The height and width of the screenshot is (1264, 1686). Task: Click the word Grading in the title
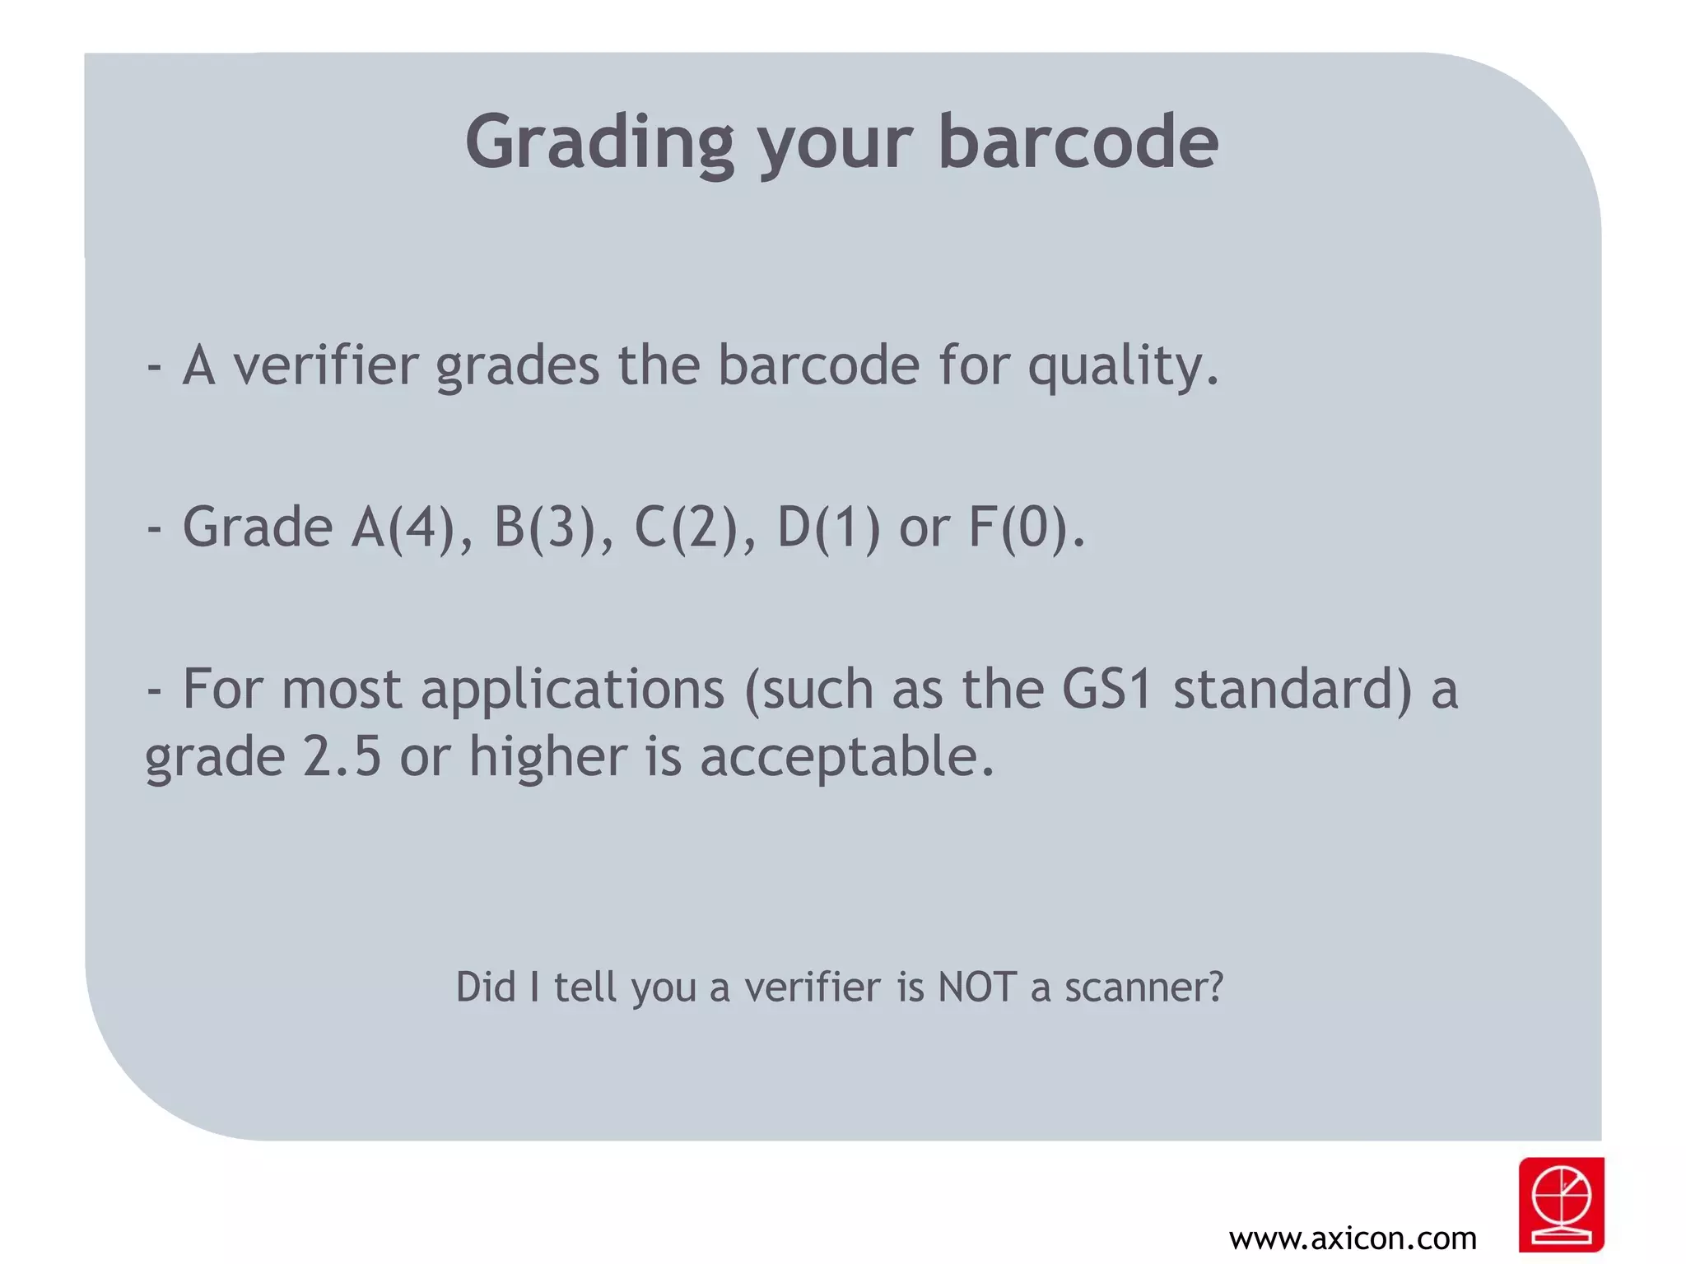click(x=598, y=144)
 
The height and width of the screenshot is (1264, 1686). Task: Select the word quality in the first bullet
click(x=1122, y=366)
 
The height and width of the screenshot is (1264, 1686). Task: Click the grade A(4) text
click(x=403, y=527)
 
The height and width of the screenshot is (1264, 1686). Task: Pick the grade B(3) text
click(x=544, y=527)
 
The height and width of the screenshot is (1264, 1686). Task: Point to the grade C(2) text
click(x=686, y=527)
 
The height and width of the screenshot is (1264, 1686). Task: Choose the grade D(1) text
click(x=828, y=527)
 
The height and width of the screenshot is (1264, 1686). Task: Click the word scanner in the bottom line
click(x=1143, y=987)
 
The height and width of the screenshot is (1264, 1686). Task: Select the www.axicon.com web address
click(x=1353, y=1238)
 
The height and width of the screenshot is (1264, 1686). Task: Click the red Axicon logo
click(x=1561, y=1204)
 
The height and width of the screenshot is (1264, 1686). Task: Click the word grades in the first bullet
click(x=517, y=366)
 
